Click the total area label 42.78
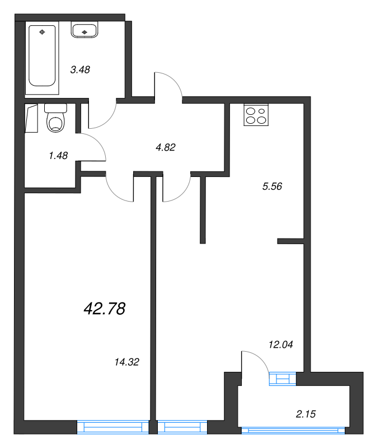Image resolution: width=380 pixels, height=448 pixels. tap(104, 307)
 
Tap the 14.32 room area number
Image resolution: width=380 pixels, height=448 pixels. tap(125, 362)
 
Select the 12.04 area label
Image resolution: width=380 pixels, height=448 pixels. tap(280, 344)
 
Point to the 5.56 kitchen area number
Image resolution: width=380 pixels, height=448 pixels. tap(271, 186)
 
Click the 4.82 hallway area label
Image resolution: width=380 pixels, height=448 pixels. tap(166, 147)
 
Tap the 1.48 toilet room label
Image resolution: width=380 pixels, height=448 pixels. tap(58, 156)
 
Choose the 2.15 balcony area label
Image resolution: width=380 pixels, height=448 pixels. tap(307, 414)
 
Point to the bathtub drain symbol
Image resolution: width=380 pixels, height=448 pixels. tap(42, 32)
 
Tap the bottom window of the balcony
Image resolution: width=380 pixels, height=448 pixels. tap(294, 430)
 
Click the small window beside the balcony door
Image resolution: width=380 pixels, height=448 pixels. tap(282, 379)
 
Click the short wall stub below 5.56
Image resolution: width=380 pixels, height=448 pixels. tap(290, 241)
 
